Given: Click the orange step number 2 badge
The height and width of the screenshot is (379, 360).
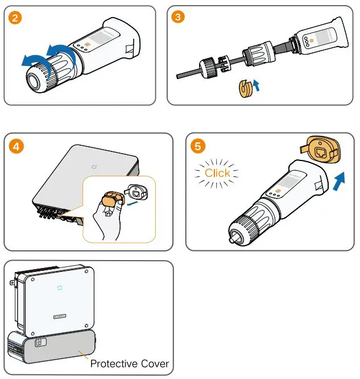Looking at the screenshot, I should (x=17, y=18).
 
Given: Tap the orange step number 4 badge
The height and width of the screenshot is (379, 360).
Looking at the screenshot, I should (x=17, y=146).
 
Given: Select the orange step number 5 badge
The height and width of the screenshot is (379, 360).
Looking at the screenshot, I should (x=198, y=146).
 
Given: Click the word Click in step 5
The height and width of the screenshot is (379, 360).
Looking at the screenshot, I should (x=218, y=173).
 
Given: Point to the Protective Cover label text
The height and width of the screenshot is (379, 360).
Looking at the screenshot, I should (x=129, y=363).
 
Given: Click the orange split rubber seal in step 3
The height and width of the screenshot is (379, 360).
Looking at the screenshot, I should (x=245, y=90).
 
